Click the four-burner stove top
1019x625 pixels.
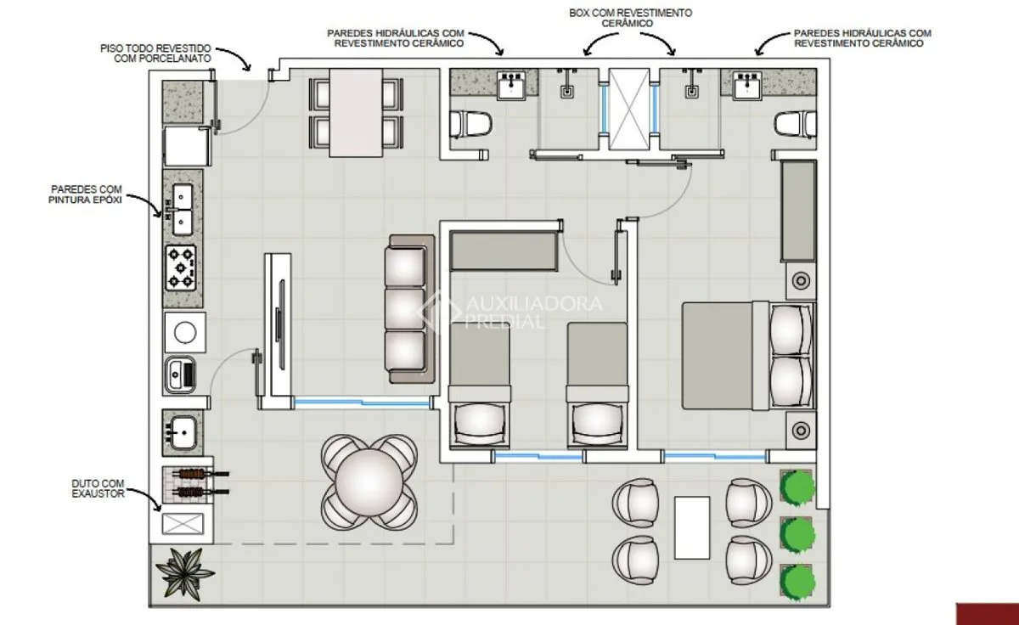coord(181,268)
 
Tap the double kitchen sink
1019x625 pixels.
coord(182,210)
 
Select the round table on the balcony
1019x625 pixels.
coord(369,482)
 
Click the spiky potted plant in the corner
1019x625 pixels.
coord(185,574)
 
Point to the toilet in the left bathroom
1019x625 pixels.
coord(470,124)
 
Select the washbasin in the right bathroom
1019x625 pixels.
coord(746,85)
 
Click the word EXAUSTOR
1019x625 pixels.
coord(98,494)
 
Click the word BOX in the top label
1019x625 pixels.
coord(579,14)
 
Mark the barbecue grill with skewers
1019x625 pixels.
coord(194,483)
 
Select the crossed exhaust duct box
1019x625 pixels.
coord(183,524)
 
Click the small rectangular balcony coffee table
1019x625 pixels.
coord(692,527)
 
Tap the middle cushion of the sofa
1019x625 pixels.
coord(405,308)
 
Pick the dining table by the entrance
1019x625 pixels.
coord(356,113)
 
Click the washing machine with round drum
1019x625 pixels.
coord(185,332)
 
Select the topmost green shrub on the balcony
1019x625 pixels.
coord(797,487)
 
